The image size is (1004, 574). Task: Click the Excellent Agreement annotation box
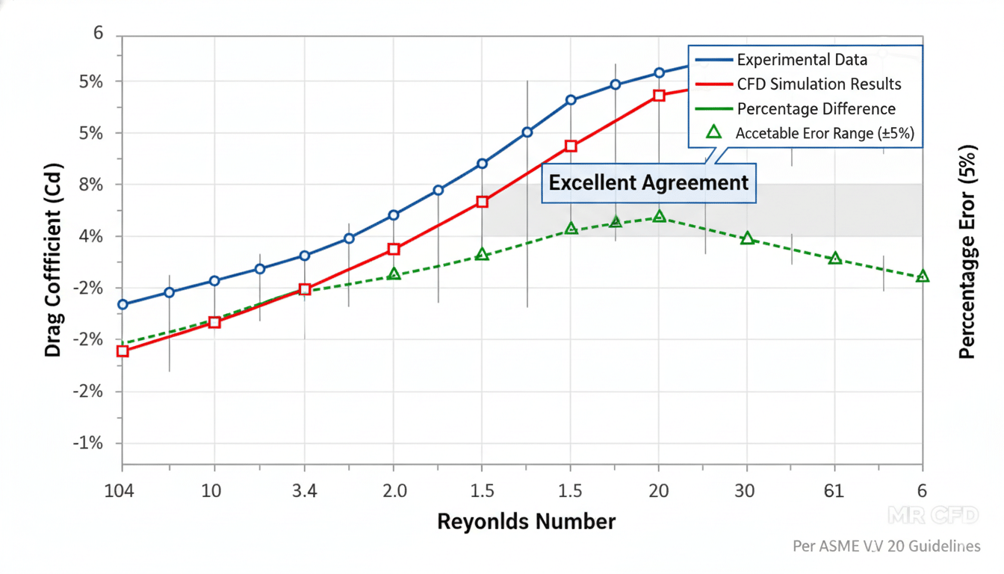tap(648, 183)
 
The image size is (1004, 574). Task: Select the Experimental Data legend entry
tap(802, 60)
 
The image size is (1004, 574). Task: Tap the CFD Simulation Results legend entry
tap(819, 84)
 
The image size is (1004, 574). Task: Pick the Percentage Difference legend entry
tap(816, 109)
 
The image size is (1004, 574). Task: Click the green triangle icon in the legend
tap(713, 132)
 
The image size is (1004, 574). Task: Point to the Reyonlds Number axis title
tap(526, 521)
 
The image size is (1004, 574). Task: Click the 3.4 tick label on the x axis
tap(304, 491)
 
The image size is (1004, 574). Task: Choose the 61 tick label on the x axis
tap(834, 491)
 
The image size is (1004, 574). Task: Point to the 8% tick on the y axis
tap(92, 184)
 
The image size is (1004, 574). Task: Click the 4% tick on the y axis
tap(92, 236)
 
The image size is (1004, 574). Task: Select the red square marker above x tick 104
tap(123, 351)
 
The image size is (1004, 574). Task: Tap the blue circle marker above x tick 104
tap(123, 304)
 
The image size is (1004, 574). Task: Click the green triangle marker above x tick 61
tap(835, 259)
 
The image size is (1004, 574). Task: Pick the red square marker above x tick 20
tap(659, 96)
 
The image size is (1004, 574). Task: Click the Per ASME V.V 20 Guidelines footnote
tap(886, 546)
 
